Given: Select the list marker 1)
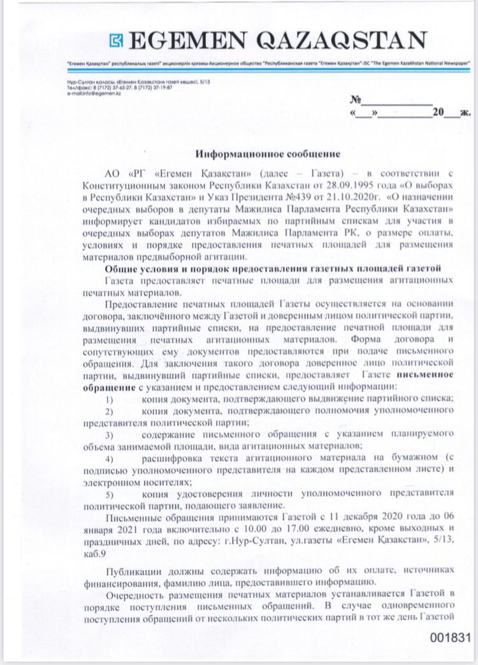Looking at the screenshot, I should click(x=110, y=399).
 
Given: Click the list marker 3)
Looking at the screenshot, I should click(x=110, y=434).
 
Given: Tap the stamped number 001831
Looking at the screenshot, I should click(x=449, y=637).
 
